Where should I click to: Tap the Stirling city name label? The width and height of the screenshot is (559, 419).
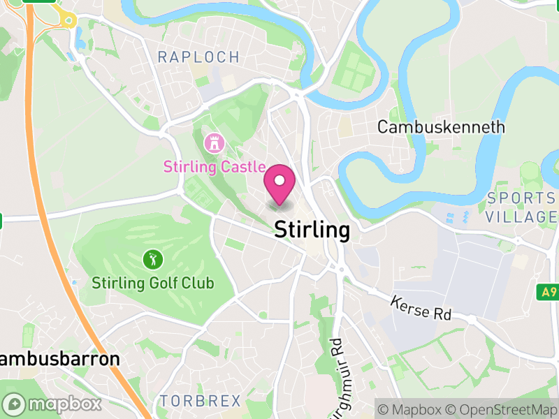[x=312, y=230]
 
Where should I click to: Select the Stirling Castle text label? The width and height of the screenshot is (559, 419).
[x=214, y=167]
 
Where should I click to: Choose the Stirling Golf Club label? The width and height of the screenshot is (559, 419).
[x=153, y=284]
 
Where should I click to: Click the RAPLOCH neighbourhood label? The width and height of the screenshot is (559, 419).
[x=198, y=57]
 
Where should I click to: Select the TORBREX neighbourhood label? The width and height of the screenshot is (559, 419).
[x=200, y=401]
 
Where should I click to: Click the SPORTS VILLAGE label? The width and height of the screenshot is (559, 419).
[x=522, y=207]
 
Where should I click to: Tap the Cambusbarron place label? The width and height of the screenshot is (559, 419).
[x=59, y=360]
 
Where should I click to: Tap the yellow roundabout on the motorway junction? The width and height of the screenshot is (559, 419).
[x=68, y=20]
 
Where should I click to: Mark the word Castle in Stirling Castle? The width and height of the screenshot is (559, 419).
[x=240, y=167]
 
